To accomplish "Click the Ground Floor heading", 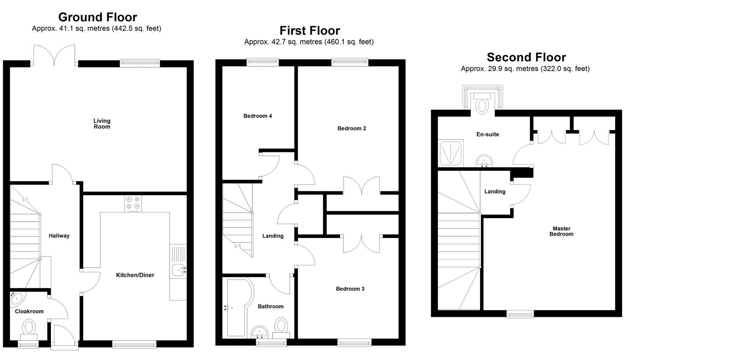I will point(97,17).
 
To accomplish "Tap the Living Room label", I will point(102,123).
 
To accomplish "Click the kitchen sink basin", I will point(178,270).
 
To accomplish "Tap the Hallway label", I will point(59,236).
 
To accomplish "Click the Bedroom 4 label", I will point(258,116).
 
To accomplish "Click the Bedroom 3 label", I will point(350,289).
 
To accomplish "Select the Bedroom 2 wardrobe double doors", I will point(361,186).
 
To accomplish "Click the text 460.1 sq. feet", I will point(349,42).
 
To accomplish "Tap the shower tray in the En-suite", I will point(450,153).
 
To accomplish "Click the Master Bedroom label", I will point(561,231).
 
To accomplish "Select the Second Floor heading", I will point(526,57).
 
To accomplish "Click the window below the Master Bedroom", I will point(520,314).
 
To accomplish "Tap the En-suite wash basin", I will point(485,161).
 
